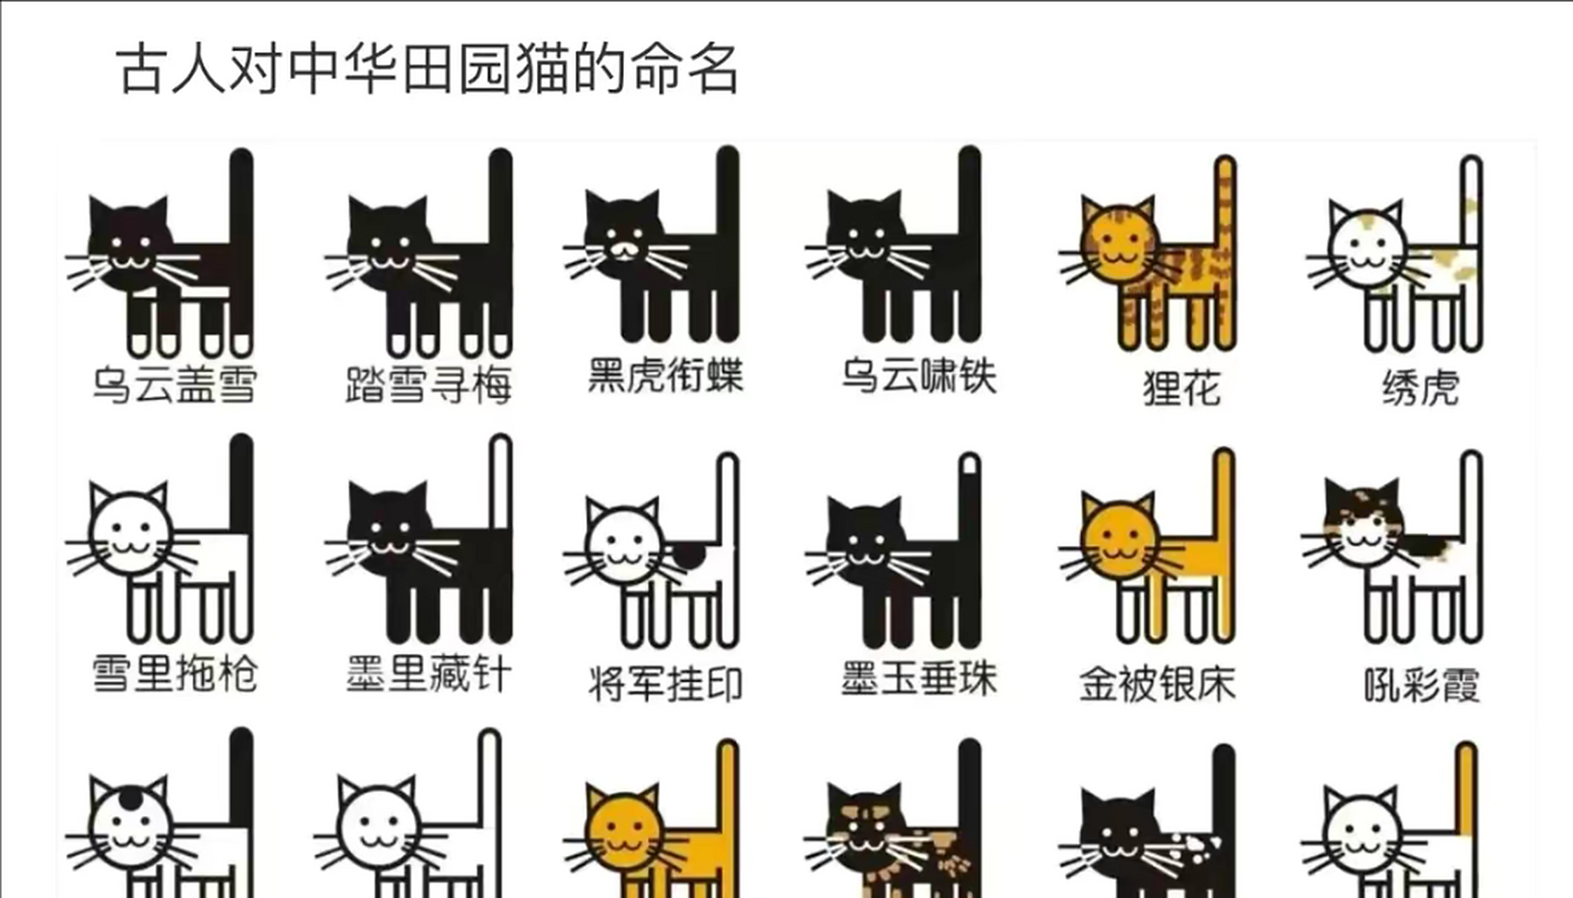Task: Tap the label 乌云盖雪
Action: [x=175, y=384]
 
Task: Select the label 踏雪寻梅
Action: [x=428, y=384]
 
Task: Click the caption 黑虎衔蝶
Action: [x=665, y=375]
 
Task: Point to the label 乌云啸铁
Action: [x=919, y=375]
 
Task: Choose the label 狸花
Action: [x=1182, y=388]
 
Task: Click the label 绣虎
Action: [x=1421, y=388]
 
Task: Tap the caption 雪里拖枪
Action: [x=175, y=673]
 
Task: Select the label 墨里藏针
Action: [x=428, y=673]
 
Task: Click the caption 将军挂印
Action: [x=665, y=684]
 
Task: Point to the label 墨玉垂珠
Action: [x=919, y=678]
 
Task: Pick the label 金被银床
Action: [x=1157, y=684]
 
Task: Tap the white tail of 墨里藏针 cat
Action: [x=501, y=484]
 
